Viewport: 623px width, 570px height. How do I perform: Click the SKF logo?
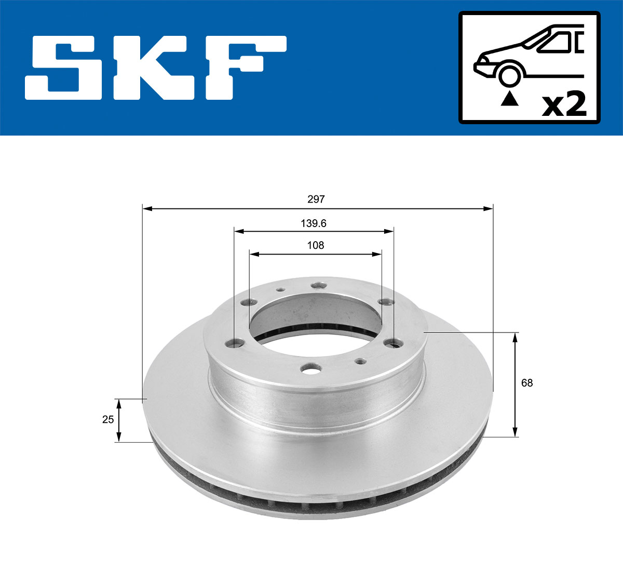pos(156,68)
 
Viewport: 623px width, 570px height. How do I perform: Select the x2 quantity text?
pos(564,104)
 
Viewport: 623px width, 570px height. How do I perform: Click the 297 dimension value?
pos(316,199)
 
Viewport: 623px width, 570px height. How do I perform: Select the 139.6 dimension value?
pos(313,223)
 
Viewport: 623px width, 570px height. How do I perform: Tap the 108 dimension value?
pos(316,245)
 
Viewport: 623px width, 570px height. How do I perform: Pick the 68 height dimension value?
pos(527,383)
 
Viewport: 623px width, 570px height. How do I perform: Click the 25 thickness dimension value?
pos(107,419)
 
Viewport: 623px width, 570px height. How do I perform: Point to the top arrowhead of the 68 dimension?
pos(515,337)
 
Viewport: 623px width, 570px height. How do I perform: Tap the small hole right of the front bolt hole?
pos(358,360)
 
